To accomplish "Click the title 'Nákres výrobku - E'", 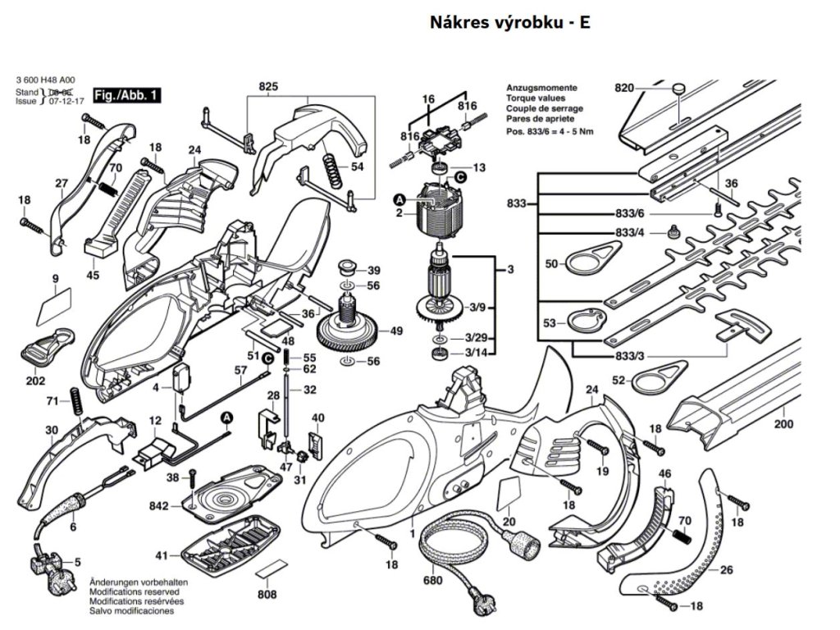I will (509, 23).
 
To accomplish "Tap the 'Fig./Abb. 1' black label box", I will (126, 96).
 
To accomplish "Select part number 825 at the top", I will (268, 87).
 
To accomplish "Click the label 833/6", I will (628, 215).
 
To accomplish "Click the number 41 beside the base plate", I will (162, 555).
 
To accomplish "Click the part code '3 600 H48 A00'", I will (49, 80).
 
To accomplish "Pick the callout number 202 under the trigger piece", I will (36, 381).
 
